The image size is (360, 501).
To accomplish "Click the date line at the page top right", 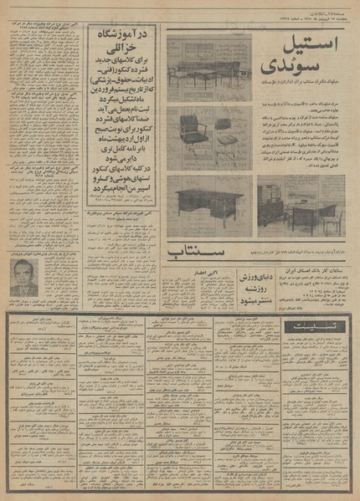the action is point(310,8).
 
